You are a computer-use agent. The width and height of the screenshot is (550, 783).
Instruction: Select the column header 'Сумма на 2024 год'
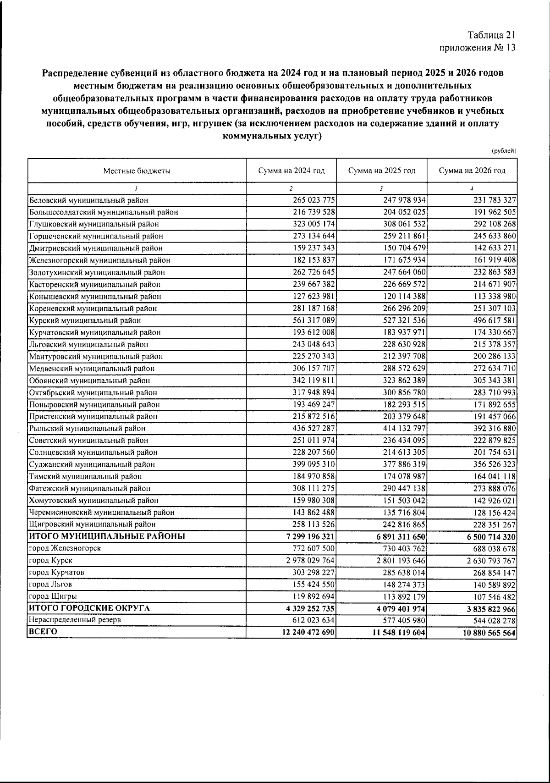coord(291,171)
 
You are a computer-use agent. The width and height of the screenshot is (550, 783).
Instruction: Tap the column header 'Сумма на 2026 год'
coord(472,171)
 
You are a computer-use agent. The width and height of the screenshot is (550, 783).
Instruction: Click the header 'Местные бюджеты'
coord(137,171)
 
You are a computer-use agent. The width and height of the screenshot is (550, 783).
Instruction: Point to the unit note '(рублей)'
coord(504,151)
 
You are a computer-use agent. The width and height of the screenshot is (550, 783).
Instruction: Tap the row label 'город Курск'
coord(50,560)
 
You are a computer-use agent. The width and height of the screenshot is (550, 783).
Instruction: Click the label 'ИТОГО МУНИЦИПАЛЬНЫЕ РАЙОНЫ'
coord(107,536)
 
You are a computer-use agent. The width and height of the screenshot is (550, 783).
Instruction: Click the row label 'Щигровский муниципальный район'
coord(92,524)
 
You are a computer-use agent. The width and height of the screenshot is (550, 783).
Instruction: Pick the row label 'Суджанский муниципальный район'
coord(92,464)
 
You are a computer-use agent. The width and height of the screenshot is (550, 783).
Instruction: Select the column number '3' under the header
coord(381,188)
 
